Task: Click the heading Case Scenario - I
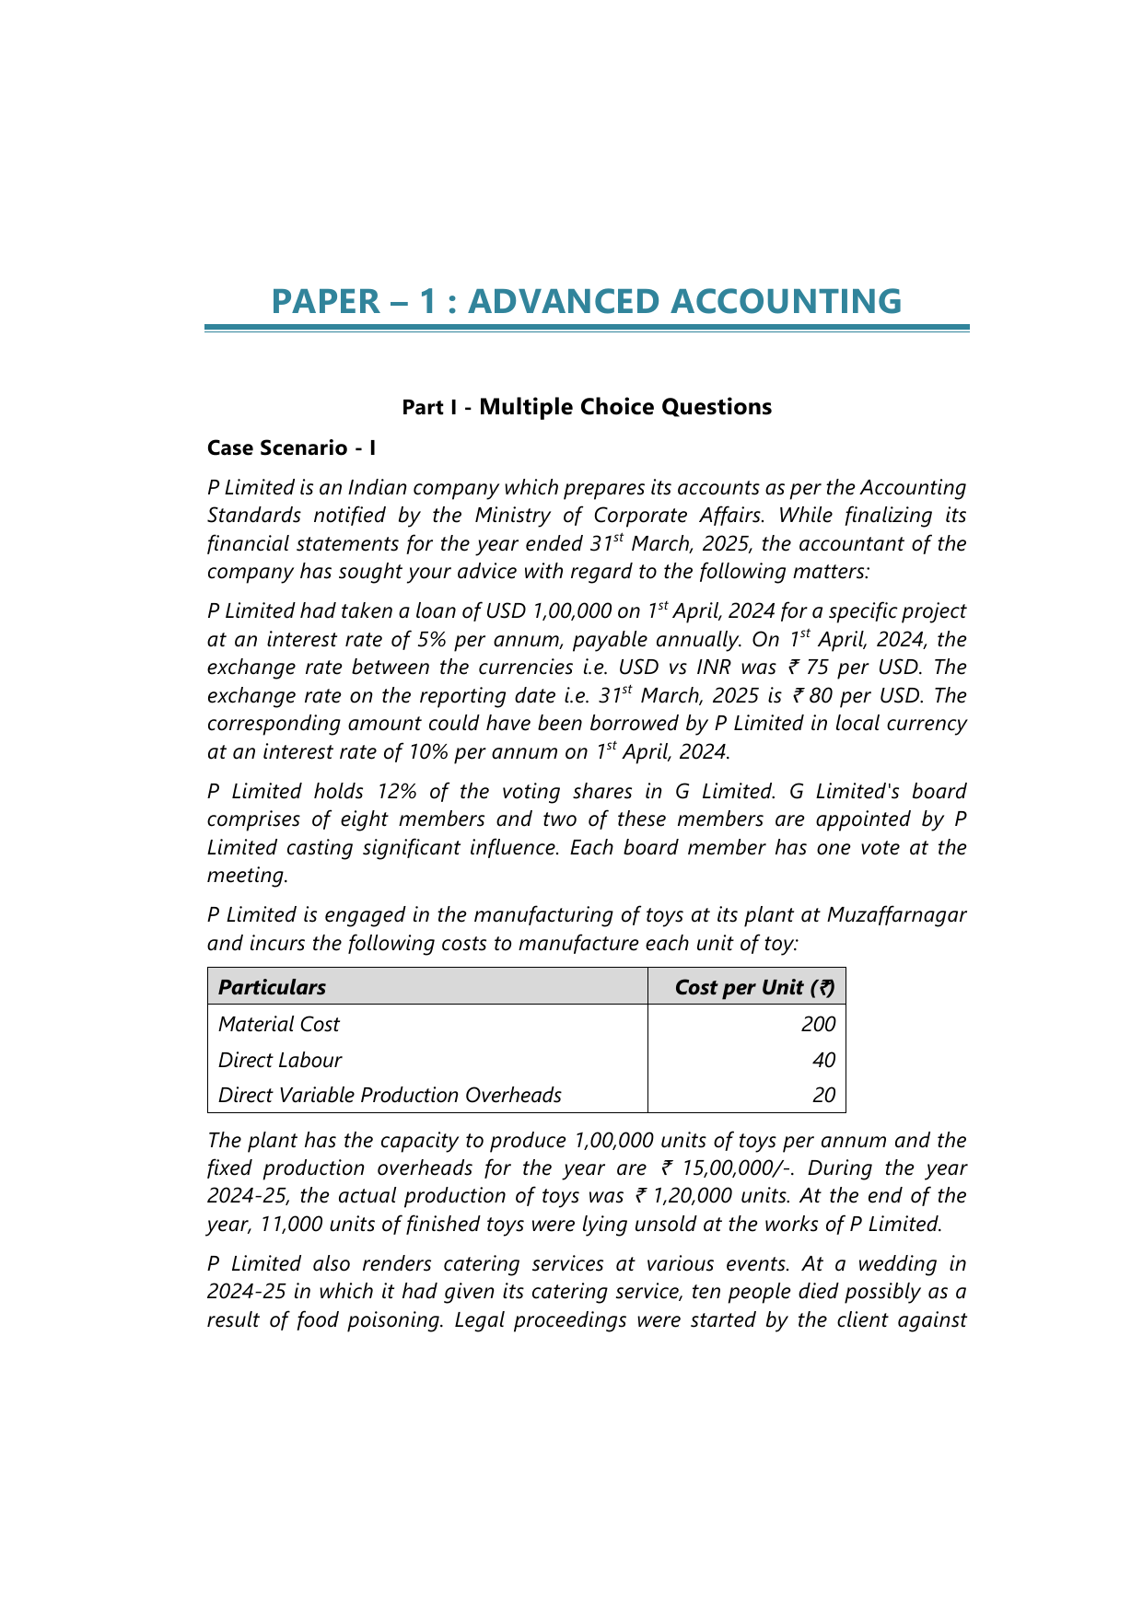tap(291, 447)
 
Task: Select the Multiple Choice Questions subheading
tap(625, 407)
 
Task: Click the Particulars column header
tap(273, 987)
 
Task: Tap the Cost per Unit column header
tap(754, 987)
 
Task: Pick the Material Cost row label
tap(279, 1024)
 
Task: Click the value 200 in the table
tap(818, 1024)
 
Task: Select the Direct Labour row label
tap(280, 1060)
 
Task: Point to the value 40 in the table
tap(823, 1060)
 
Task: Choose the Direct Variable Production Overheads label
tap(390, 1095)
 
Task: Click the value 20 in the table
tap(823, 1095)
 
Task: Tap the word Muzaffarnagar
tap(896, 914)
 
